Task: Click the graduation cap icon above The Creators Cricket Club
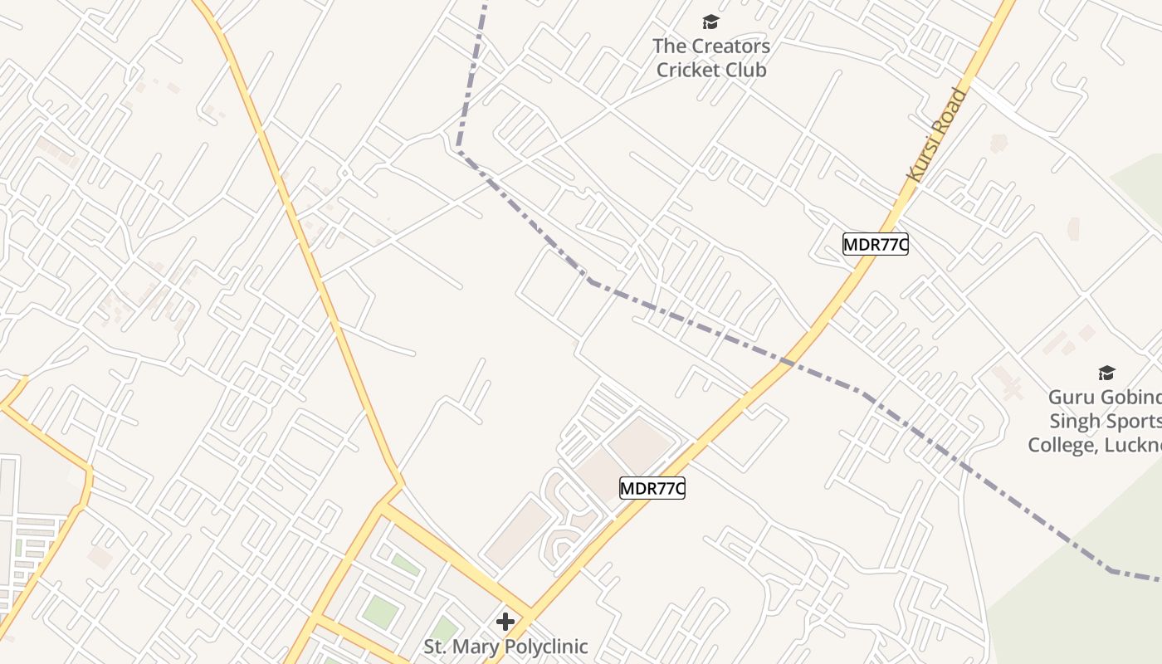(710, 22)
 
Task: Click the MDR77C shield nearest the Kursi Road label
(875, 244)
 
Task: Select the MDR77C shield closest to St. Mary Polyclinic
(652, 488)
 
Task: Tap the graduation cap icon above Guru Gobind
(1106, 373)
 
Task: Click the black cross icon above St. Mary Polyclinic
(505, 621)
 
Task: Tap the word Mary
(473, 646)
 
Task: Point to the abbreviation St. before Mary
(435, 646)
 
